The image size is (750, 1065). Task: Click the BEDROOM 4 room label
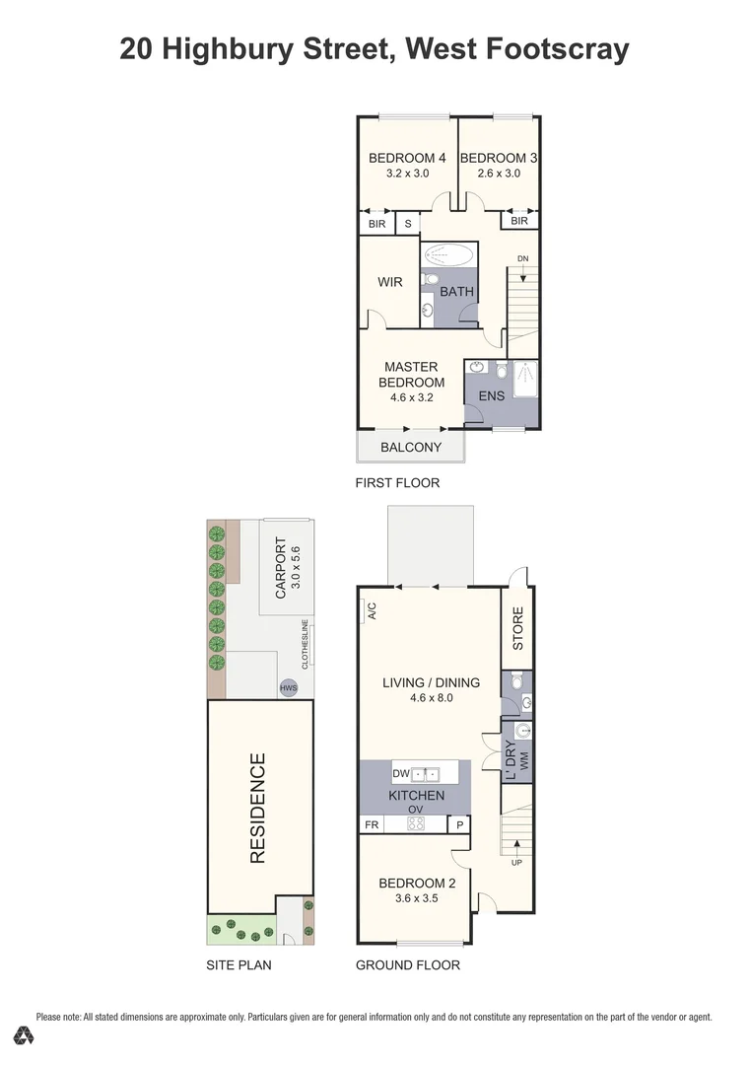coord(407,158)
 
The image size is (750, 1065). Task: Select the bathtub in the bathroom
coord(449,254)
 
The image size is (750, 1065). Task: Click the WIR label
coord(390,282)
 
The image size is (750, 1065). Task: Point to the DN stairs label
coord(523,259)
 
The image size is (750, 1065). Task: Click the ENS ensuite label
coord(491,396)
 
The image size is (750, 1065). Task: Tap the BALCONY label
coord(412,448)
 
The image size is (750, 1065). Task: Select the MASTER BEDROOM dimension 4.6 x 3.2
coord(412,397)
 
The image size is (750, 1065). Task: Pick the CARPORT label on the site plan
coord(281,568)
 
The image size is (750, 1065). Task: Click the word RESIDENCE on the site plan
coord(257,809)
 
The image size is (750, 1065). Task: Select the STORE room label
coord(517,628)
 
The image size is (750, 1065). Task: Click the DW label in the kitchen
coord(401,773)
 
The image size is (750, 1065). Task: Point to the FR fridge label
coord(371,824)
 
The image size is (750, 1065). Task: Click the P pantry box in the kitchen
coord(459,824)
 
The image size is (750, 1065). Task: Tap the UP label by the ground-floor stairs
coord(516,863)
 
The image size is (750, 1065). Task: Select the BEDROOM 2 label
coord(415,884)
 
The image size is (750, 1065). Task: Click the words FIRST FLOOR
coord(397,483)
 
